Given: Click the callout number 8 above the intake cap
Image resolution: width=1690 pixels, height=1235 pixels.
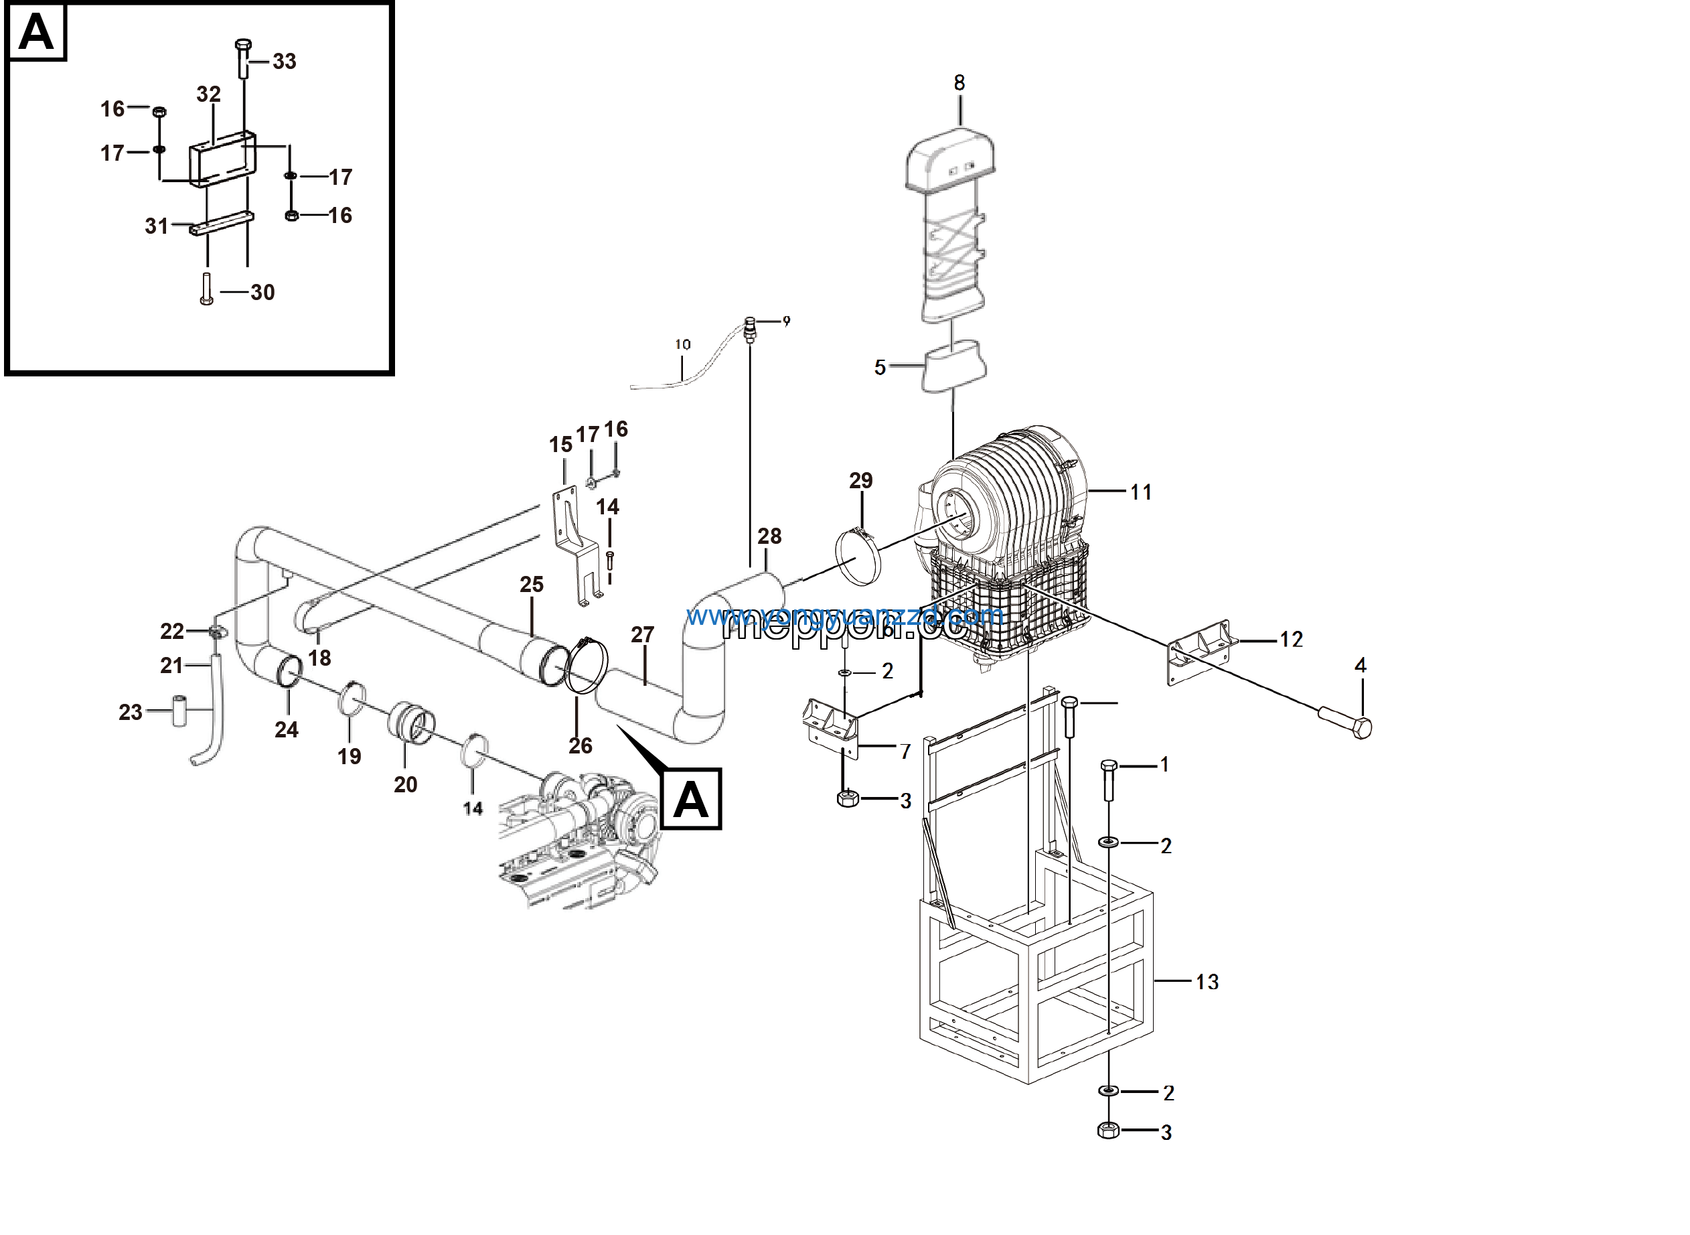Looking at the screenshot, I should (x=959, y=83).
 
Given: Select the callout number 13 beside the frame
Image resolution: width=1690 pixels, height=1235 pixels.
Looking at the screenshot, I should (x=1207, y=982).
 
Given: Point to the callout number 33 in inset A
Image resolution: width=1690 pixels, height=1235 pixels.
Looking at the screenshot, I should (x=284, y=62).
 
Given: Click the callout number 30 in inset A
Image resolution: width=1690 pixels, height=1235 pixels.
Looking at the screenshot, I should (x=262, y=292).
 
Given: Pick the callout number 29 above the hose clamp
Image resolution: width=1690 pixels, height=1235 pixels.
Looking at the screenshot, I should (x=860, y=481).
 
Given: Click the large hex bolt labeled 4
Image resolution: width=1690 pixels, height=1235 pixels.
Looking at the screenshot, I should (x=1345, y=722).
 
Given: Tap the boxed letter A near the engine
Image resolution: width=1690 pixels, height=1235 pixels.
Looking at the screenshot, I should (x=690, y=799).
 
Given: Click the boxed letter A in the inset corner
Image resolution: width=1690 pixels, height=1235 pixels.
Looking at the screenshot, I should (x=36, y=32).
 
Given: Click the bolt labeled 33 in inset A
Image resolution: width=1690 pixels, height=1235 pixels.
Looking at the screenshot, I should (x=244, y=58).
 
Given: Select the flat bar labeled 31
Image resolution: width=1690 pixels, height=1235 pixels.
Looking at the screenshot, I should (x=221, y=224).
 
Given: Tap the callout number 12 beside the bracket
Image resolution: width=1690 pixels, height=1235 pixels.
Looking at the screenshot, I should (x=1291, y=639).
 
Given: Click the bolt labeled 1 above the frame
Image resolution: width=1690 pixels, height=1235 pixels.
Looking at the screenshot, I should (x=1109, y=779).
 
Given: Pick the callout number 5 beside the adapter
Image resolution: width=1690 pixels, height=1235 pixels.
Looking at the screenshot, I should (x=880, y=368).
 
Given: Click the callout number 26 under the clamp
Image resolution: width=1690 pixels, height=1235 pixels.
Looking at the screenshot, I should (x=580, y=745).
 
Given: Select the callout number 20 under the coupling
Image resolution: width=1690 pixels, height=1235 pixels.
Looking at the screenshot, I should (x=405, y=784).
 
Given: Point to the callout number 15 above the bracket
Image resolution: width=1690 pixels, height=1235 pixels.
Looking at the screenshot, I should (x=560, y=445).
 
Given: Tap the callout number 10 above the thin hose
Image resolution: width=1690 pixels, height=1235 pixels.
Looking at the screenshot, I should (x=682, y=345).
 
